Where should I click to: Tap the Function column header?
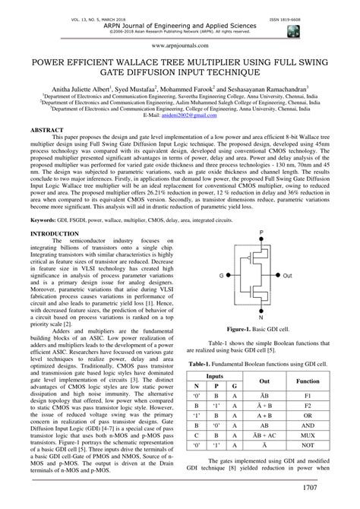pos(308,400)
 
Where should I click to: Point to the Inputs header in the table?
pos(215,396)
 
